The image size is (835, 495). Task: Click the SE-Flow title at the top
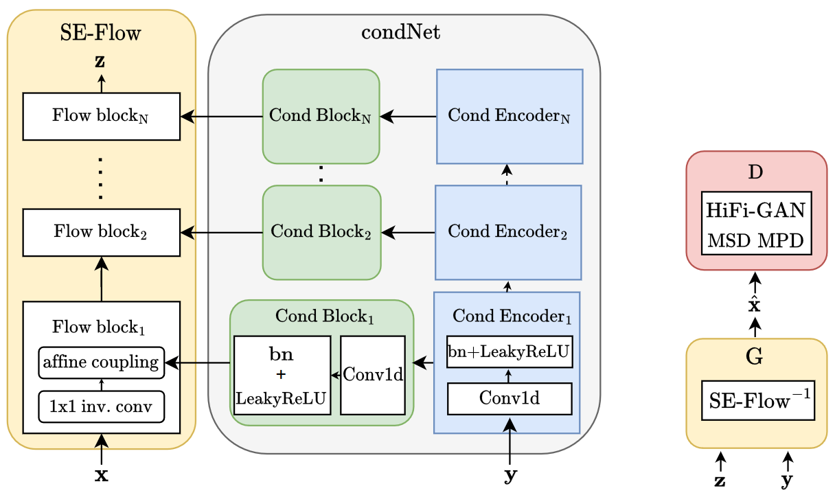102,32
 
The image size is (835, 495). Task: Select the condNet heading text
400,32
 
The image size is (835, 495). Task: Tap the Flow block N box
102,116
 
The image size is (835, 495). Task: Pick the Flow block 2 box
102,232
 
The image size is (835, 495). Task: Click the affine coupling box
102,362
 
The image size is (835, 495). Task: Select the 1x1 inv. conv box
102,407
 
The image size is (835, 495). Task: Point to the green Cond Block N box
321,116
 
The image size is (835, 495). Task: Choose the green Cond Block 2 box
321,232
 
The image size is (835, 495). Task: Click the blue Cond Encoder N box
510,116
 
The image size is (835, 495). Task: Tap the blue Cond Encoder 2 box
509,232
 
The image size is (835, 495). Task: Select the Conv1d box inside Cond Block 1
373,375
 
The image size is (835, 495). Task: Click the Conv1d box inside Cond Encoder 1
510,399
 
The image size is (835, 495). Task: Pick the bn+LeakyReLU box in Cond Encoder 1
510,352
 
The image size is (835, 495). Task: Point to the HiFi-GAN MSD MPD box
755,223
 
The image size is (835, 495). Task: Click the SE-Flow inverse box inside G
757,400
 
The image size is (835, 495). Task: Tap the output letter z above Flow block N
100,62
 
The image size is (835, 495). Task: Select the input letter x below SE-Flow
101,475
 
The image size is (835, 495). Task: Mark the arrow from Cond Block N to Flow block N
221,117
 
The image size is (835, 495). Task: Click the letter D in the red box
755,172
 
